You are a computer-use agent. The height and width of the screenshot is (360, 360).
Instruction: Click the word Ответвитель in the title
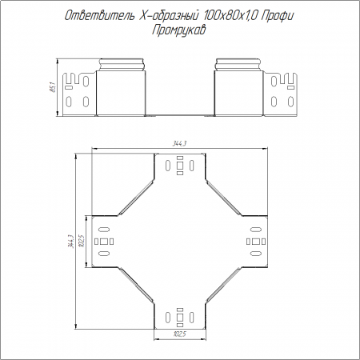(x=99, y=16)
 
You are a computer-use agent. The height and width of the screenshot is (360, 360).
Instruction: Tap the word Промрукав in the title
(x=179, y=30)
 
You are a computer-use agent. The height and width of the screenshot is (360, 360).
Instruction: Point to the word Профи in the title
(x=278, y=17)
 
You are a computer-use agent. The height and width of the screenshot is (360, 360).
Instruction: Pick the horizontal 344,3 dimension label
(x=179, y=143)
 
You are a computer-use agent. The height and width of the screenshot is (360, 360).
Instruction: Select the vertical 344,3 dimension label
(x=70, y=242)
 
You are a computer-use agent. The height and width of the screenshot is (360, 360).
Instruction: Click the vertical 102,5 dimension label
(x=82, y=241)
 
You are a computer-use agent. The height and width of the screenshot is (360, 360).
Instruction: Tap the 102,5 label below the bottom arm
(x=179, y=334)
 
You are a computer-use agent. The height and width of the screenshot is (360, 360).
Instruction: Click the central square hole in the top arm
(x=180, y=166)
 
